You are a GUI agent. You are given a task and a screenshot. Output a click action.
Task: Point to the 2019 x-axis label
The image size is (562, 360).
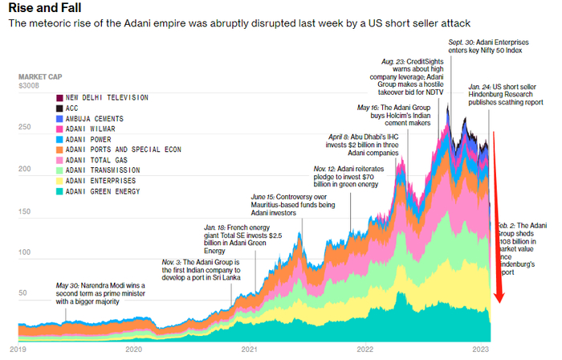click(x=18, y=350)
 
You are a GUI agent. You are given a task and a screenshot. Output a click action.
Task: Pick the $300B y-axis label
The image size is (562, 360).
click(x=30, y=84)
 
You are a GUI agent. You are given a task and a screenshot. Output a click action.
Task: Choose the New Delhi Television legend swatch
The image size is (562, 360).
click(x=59, y=97)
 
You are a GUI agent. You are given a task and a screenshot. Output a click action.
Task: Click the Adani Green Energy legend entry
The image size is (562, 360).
click(x=102, y=192)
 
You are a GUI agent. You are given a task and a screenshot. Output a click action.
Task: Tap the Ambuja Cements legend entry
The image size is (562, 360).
click(x=97, y=118)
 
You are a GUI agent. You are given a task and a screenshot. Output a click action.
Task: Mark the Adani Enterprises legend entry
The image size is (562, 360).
click(x=102, y=182)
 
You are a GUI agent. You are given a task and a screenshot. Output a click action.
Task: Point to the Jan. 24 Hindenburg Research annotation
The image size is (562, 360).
click(x=510, y=95)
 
